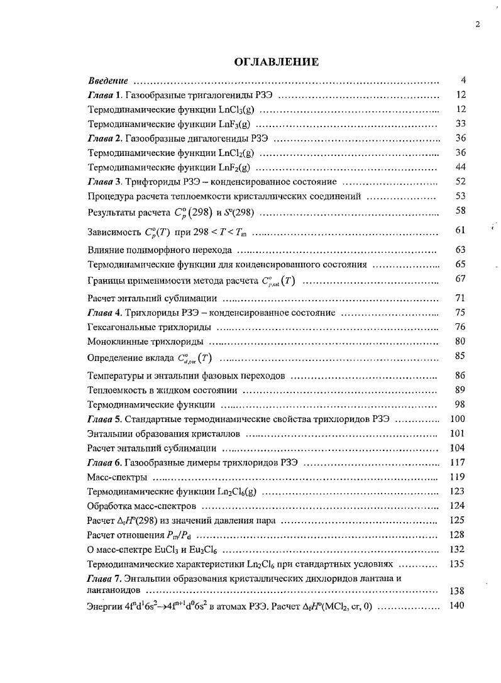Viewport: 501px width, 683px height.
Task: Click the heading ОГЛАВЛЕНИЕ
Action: pos(276,62)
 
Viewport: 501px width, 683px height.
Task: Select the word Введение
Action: pos(108,81)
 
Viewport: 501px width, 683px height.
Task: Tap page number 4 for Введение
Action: pos(462,81)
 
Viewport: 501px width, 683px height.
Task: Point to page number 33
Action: pos(460,124)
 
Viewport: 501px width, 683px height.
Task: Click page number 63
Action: pos(460,250)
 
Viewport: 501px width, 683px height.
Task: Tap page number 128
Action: pos(458,535)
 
